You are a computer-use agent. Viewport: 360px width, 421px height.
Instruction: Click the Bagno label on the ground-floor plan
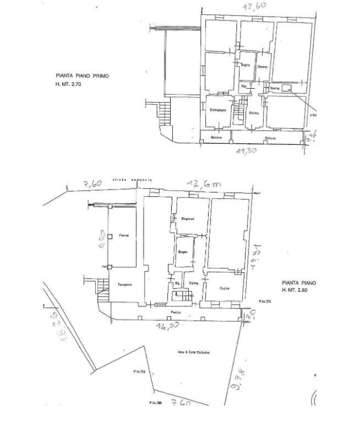[x=183, y=252]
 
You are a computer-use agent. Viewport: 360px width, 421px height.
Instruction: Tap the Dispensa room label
[x=188, y=219]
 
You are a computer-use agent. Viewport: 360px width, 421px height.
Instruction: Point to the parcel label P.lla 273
[x=265, y=301]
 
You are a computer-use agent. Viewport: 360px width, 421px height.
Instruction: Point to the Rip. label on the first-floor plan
[x=243, y=87]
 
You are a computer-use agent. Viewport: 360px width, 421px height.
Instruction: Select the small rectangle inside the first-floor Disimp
[x=286, y=87]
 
